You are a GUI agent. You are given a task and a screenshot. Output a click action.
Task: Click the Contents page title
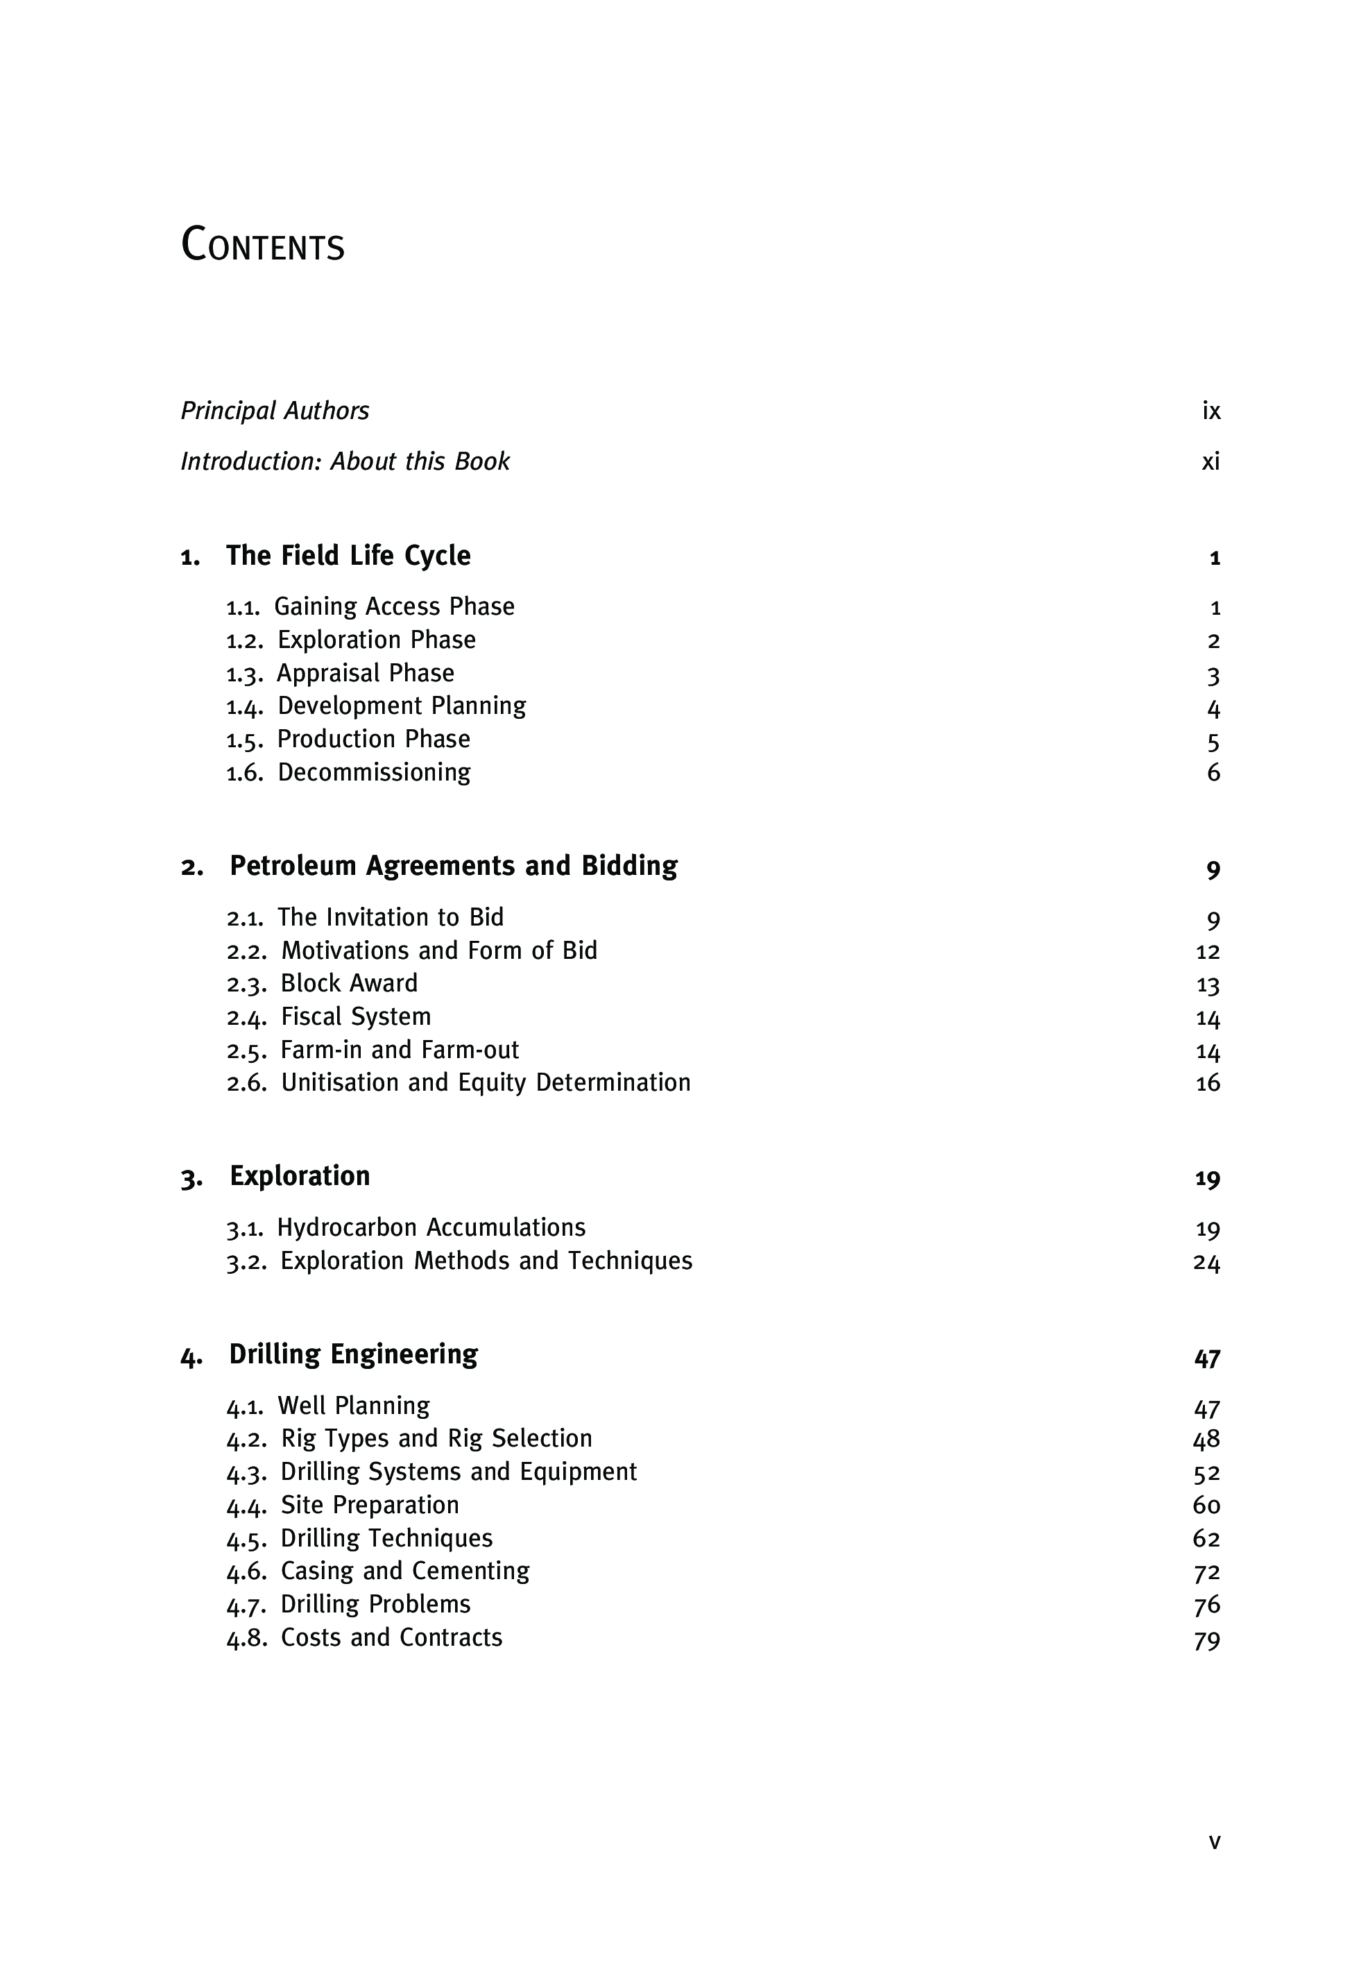pos(263,245)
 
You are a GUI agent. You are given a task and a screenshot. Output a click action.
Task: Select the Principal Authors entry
pos(275,411)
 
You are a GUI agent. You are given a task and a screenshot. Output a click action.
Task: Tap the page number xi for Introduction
pos(1210,461)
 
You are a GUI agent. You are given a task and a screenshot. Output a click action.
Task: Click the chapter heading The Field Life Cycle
pos(348,556)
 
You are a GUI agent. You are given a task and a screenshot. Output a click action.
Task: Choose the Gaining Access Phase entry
pos(394,606)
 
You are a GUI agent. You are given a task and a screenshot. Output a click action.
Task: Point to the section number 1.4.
pos(245,707)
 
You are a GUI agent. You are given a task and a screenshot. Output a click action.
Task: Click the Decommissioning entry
pos(374,772)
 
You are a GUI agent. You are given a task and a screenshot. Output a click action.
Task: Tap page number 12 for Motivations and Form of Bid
pos(1207,951)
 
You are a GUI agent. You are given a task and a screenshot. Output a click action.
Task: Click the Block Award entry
pos(349,984)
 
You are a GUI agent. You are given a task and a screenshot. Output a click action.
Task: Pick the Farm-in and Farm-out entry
pos(399,1050)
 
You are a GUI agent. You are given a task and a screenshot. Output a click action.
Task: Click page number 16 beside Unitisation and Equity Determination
pos(1207,1084)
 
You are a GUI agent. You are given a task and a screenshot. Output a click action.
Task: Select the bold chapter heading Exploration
pos(300,1176)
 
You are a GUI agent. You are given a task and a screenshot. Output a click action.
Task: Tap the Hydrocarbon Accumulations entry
pos(431,1227)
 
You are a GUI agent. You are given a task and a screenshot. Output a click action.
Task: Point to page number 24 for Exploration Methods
pos(1206,1263)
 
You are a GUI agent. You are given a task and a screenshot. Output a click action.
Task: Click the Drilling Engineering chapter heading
pos(353,1354)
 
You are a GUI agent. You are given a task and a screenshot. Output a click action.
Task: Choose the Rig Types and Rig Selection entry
pos(436,1438)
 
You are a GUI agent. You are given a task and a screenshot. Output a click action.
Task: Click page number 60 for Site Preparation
pos(1206,1506)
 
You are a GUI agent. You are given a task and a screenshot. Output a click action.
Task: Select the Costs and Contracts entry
pos(391,1637)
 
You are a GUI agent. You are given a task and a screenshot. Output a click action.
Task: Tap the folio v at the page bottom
pos(1214,1841)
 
